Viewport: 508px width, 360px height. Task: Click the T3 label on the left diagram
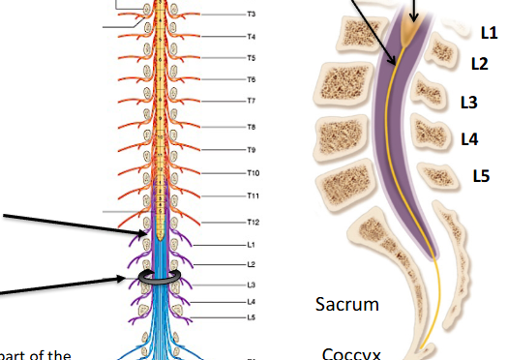point(251,15)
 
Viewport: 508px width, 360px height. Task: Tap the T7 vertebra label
point(251,101)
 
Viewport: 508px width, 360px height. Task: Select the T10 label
point(253,173)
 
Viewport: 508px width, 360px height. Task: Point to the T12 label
point(253,222)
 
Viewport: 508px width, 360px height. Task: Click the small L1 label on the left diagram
point(251,245)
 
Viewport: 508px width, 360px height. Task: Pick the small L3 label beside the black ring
point(251,285)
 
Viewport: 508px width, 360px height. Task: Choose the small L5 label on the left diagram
point(251,316)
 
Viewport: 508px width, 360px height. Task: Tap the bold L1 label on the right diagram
point(489,32)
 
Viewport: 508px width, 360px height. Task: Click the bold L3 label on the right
point(469,101)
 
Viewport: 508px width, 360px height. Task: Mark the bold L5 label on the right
point(481,175)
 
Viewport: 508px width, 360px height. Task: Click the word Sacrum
point(347,305)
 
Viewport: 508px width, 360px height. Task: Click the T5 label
point(251,58)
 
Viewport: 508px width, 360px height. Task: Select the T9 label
point(251,150)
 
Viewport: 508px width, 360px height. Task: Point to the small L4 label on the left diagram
point(251,302)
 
